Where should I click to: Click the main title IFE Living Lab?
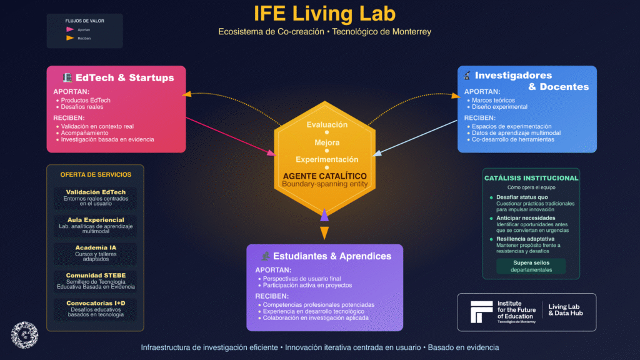(324, 14)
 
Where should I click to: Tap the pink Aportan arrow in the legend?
(70, 29)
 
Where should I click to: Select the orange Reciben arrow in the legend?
(70, 38)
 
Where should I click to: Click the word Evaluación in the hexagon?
(327, 125)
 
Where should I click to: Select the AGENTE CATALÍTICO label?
(324, 176)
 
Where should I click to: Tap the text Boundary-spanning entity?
(324, 184)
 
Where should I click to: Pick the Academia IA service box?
(96, 251)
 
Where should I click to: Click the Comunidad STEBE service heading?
(96, 274)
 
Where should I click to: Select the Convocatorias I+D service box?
(96, 307)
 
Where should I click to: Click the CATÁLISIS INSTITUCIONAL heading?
(531, 178)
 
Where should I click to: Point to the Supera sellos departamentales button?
(531, 266)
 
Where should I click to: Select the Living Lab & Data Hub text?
(565, 310)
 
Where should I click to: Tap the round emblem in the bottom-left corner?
(25, 334)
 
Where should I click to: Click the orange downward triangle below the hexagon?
(324, 233)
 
